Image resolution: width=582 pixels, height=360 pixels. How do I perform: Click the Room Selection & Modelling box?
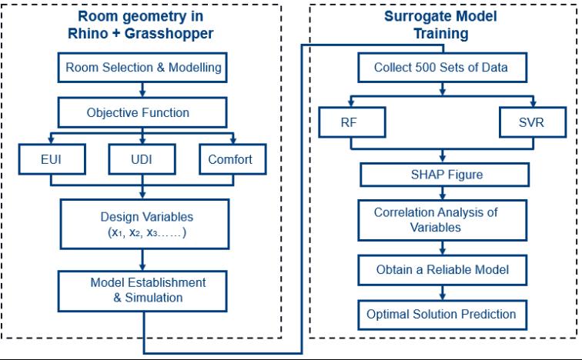[x=142, y=68]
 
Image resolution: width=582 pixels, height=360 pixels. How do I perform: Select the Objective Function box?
[x=142, y=112]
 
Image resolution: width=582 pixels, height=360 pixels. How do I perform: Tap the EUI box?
[x=52, y=159]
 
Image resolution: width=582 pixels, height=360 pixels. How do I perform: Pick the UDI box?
[x=142, y=159]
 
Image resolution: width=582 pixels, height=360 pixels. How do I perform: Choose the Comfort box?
[x=232, y=159]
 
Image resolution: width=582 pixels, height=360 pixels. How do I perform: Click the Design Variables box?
[x=145, y=225]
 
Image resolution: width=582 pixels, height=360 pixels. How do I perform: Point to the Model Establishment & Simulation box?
[x=142, y=291]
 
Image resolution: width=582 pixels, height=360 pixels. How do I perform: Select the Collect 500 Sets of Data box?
[x=443, y=68]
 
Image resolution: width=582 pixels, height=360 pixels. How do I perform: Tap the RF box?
[x=353, y=122]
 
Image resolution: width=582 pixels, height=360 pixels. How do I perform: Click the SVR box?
[x=533, y=122]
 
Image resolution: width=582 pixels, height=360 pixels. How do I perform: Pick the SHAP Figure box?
[x=445, y=175]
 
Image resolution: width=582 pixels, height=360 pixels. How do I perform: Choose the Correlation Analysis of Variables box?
[x=443, y=220]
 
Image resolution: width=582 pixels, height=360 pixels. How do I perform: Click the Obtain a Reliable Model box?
[x=443, y=270]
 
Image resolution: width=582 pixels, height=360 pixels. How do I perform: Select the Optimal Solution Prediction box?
[x=443, y=315]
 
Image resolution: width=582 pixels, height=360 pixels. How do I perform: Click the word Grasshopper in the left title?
[x=169, y=34]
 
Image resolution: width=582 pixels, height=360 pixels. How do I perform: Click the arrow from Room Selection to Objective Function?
[x=142, y=90]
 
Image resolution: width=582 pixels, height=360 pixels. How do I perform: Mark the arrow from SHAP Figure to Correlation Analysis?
[x=443, y=193]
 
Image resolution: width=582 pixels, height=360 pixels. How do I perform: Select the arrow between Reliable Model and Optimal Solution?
[x=443, y=293]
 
